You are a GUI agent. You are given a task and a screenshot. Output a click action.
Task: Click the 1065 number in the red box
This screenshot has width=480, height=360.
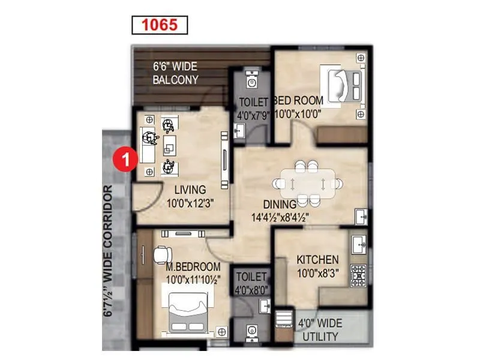[x=160, y=25]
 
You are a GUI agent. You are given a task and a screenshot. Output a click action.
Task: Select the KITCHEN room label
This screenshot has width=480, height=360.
[x=317, y=260]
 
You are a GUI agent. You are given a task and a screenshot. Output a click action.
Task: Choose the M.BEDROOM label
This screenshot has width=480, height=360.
[x=193, y=266]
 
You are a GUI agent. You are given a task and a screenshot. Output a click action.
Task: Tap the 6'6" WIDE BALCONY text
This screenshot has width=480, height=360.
[x=175, y=73]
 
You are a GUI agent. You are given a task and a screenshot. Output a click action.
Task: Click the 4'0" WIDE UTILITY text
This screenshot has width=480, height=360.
[x=320, y=330]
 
